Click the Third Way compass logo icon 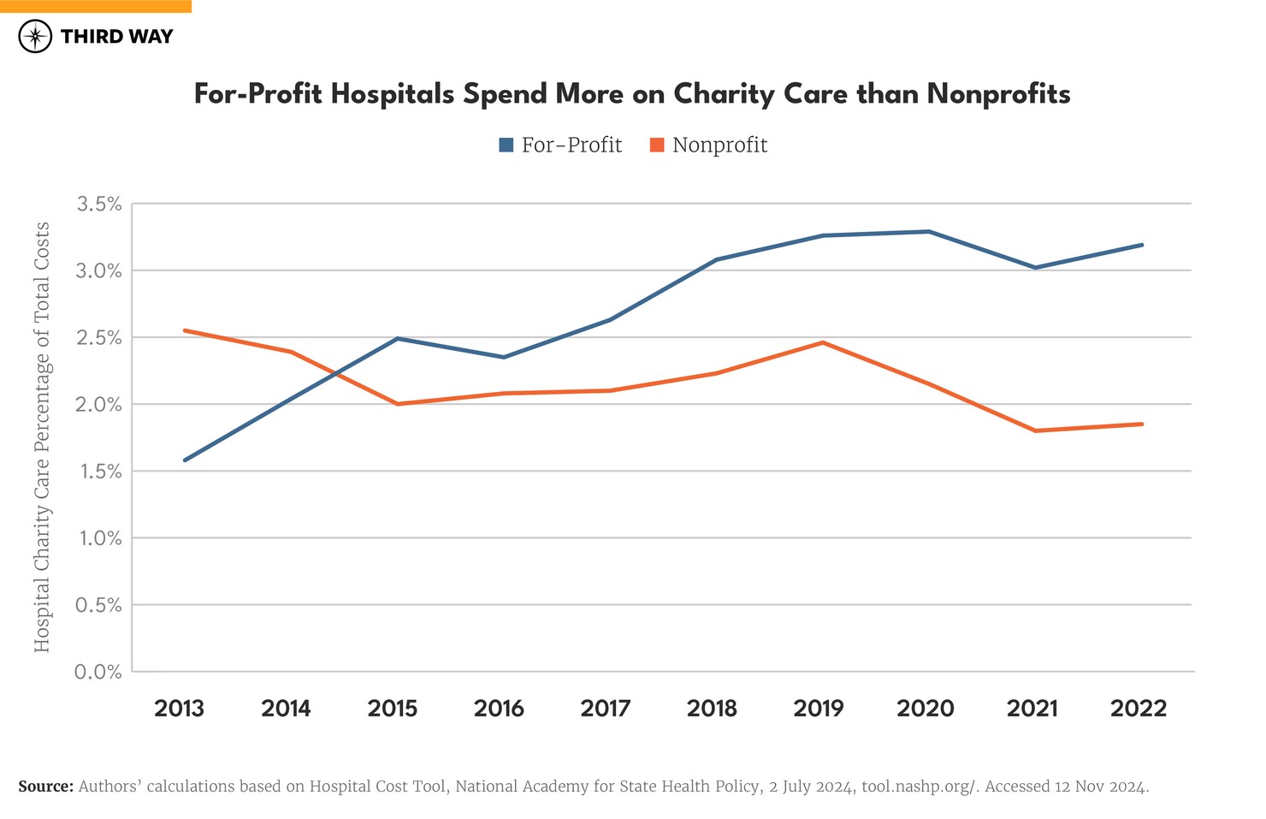[x=35, y=36]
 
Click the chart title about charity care [x=632, y=93]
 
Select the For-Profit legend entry [x=560, y=145]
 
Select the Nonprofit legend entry [x=708, y=145]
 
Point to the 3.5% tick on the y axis [x=99, y=204]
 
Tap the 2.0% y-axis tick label [x=99, y=405]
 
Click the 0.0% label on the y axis [x=99, y=672]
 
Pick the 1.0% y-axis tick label [x=99, y=538]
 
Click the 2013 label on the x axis [x=179, y=709]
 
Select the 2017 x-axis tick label [x=606, y=709]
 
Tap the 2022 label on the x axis [x=1139, y=709]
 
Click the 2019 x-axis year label [x=819, y=709]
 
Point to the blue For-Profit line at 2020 [x=928, y=231]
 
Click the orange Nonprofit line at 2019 [x=822, y=342]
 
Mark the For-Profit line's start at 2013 [x=185, y=460]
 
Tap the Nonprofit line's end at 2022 [x=1142, y=424]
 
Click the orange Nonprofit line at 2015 [x=398, y=404]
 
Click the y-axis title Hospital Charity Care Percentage [x=42, y=436]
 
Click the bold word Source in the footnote [x=45, y=786]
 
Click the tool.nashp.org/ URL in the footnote [x=919, y=786]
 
